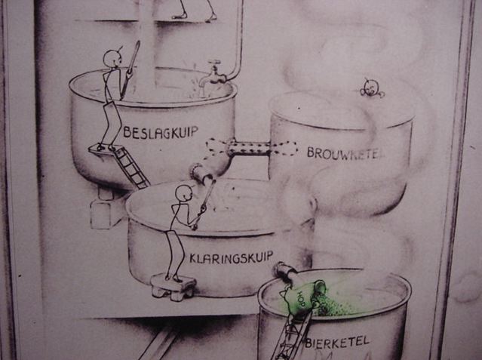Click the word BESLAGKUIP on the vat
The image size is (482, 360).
(x=161, y=132)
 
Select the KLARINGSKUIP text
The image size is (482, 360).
(x=231, y=257)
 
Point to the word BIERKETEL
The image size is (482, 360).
(x=337, y=342)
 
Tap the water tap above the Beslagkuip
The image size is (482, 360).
(x=212, y=74)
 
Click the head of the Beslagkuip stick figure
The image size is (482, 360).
(x=111, y=58)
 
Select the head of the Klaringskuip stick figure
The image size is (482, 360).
(x=183, y=194)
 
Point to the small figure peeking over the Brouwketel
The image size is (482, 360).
(x=371, y=88)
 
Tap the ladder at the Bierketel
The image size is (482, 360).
(x=290, y=335)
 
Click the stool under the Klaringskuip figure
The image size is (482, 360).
(x=173, y=287)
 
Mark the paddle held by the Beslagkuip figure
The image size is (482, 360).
(x=130, y=70)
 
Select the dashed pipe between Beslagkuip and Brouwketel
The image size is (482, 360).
(x=251, y=148)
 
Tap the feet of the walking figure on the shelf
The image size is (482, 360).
(x=195, y=17)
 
